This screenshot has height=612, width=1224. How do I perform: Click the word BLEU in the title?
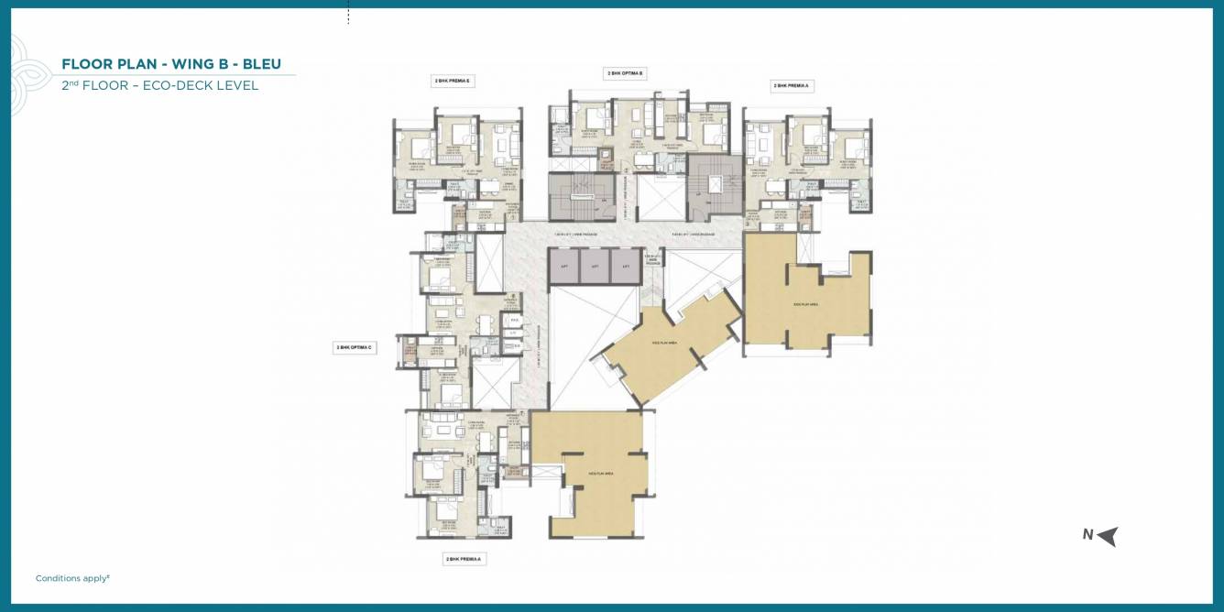pos(262,64)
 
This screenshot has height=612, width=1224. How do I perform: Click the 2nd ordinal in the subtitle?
pos(70,85)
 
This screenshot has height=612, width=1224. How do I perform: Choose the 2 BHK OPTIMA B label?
pos(625,72)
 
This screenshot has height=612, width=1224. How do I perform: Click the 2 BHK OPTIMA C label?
pos(354,347)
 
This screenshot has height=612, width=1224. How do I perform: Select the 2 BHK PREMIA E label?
pos(452,81)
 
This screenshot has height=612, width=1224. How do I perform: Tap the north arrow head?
pos(1109,536)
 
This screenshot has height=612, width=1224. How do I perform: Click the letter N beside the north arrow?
pos(1087,535)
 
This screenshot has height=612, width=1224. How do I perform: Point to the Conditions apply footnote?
pos(72,578)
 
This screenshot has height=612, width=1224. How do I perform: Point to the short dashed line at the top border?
pos(348,15)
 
